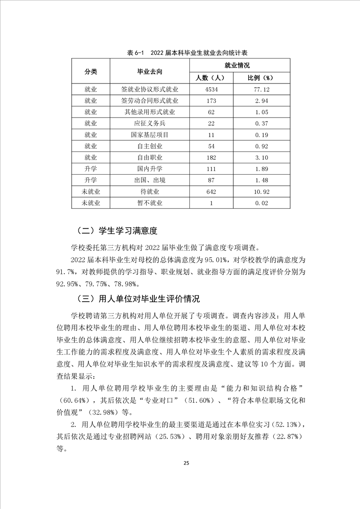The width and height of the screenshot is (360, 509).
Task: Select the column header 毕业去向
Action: click(x=150, y=72)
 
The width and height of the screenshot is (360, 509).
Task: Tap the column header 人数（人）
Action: click(x=211, y=78)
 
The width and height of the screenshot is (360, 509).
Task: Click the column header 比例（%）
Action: click(x=261, y=78)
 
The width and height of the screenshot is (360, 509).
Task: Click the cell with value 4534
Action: click(x=211, y=89)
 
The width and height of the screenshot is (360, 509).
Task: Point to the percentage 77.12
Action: click(x=261, y=89)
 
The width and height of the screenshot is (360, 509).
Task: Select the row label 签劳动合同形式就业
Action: click(x=150, y=101)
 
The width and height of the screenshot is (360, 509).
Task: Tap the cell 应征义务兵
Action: click(x=150, y=123)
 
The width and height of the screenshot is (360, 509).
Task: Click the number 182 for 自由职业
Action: click(x=211, y=157)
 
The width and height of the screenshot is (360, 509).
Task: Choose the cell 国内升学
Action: click(x=150, y=169)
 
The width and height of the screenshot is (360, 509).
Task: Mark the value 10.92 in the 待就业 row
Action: click(x=261, y=192)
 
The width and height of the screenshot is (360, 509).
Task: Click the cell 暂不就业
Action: click(x=150, y=203)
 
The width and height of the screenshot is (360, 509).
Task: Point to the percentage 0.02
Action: click(x=261, y=203)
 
